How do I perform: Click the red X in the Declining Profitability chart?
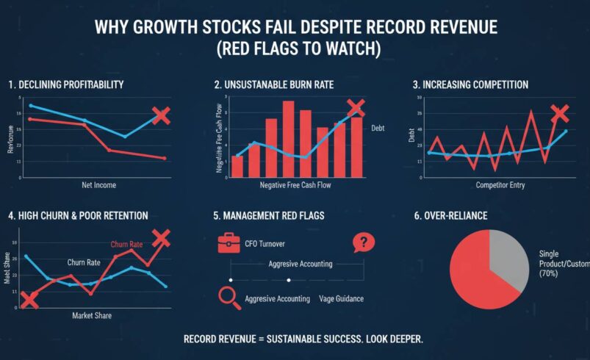coord(161,116)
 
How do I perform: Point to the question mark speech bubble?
coord(362,242)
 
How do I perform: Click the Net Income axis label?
coord(98,185)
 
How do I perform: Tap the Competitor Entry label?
coord(503,185)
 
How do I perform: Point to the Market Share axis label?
coord(92,315)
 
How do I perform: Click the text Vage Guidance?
coord(342,299)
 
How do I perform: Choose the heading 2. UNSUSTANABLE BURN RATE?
coord(273,85)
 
